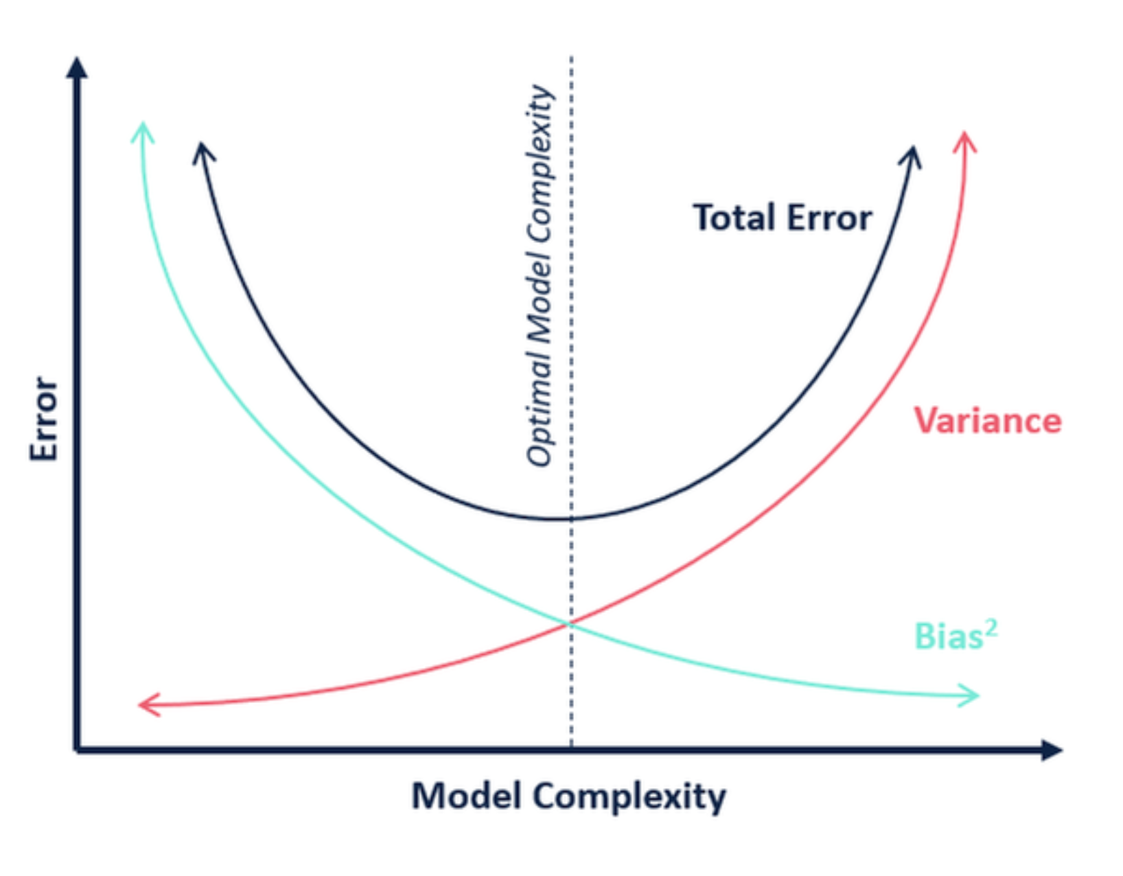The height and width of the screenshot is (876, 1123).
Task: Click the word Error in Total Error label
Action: (x=829, y=218)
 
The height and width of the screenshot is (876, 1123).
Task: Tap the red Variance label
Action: (x=987, y=420)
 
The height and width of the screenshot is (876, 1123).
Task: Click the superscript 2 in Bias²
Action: (x=991, y=627)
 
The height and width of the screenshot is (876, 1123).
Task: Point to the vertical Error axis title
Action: (x=44, y=419)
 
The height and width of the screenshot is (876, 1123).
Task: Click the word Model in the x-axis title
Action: (x=466, y=796)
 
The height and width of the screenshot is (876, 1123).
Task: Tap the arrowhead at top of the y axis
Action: (x=77, y=67)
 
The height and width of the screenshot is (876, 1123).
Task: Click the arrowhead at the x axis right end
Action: (x=1052, y=750)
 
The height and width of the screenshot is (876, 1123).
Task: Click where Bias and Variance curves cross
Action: (x=570, y=623)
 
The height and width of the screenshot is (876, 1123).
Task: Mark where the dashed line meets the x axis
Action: (x=571, y=749)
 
